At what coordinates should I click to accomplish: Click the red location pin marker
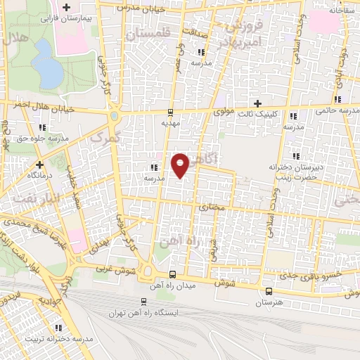181,164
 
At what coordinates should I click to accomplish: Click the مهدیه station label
171,122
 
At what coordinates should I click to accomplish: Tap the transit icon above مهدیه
171,112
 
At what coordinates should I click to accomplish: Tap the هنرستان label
269,301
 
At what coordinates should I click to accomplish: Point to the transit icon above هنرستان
269,291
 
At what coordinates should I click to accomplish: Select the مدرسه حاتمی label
335,110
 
